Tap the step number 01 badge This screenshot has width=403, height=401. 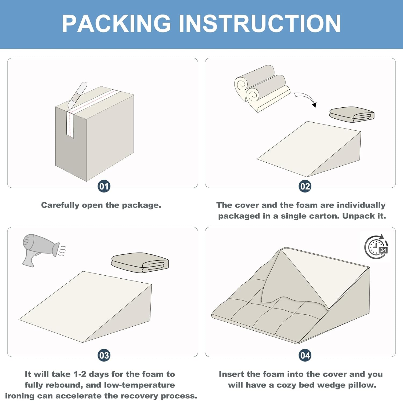tap(104, 186)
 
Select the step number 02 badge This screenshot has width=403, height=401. tap(305, 186)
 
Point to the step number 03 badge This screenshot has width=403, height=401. tap(104, 355)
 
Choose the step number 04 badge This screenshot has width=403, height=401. tap(305, 355)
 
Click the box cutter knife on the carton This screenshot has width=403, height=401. tap(77, 96)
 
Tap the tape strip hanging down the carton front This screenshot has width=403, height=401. tap(70, 125)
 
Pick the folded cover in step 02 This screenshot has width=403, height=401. tap(352, 115)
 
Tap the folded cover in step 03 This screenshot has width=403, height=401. tap(140, 263)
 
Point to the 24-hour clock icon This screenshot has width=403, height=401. tap(376, 247)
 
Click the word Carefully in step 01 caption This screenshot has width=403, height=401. tap(60, 205)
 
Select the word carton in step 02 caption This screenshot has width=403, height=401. tap(324, 216)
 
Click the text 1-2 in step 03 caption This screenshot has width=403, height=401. tap(80, 374)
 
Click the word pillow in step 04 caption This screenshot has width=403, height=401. tap(362, 385)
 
